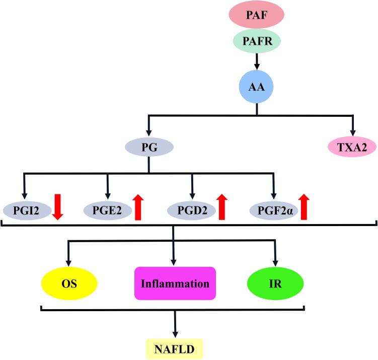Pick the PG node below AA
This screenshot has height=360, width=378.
point(149,147)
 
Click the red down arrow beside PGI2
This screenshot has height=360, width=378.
point(57,208)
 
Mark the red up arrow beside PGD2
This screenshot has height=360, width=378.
point(221,208)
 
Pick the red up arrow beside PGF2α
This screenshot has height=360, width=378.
point(303,208)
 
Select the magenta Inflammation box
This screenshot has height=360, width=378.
point(175,283)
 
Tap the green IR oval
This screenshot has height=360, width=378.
point(275,283)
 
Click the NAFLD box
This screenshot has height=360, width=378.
point(175,348)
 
